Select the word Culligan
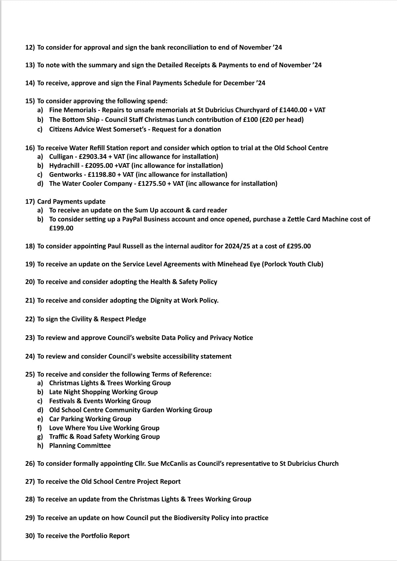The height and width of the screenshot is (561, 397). pyautogui.click(x=61, y=156)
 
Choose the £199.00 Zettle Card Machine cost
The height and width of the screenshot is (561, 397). pyautogui.click(x=61, y=228)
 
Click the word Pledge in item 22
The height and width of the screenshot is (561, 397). pyautogui.click(x=136, y=319)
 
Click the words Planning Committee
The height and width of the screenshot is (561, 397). pyautogui.click(x=80, y=445)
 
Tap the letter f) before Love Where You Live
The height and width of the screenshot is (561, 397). pyautogui.click(x=40, y=428)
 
